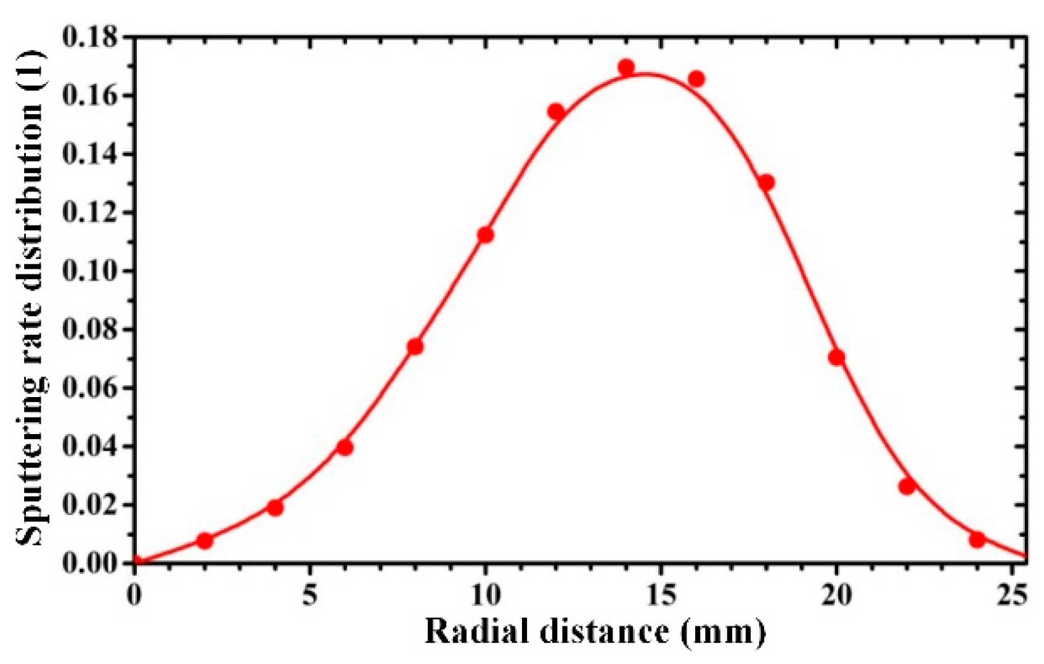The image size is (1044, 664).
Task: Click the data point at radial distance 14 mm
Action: pyautogui.click(x=626, y=67)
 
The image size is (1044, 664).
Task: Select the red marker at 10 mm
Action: pyautogui.click(x=485, y=235)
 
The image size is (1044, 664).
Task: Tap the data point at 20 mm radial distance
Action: pyautogui.click(x=836, y=358)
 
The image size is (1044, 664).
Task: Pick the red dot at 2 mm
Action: pyautogui.click(x=205, y=541)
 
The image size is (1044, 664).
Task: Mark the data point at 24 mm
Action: pyautogui.click(x=977, y=540)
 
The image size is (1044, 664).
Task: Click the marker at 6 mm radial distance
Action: pyautogui.click(x=345, y=447)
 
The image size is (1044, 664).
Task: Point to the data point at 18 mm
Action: pyautogui.click(x=766, y=182)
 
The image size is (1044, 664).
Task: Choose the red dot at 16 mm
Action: pyautogui.click(x=696, y=79)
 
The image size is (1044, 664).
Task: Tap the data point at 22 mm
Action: pyautogui.click(x=907, y=486)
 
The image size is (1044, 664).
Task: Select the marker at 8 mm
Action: pyautogui.click(x=415, y=347)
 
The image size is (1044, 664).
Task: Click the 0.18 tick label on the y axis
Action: pyautogui.click(x=89, y=38)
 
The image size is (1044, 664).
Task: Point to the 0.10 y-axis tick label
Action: pyautogui.click(x=89, y=271)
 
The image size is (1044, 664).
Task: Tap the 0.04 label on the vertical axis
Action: pyautogui.click(x=89, y=446)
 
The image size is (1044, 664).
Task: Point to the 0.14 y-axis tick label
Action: pyautogui.click(x=89, y=154)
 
